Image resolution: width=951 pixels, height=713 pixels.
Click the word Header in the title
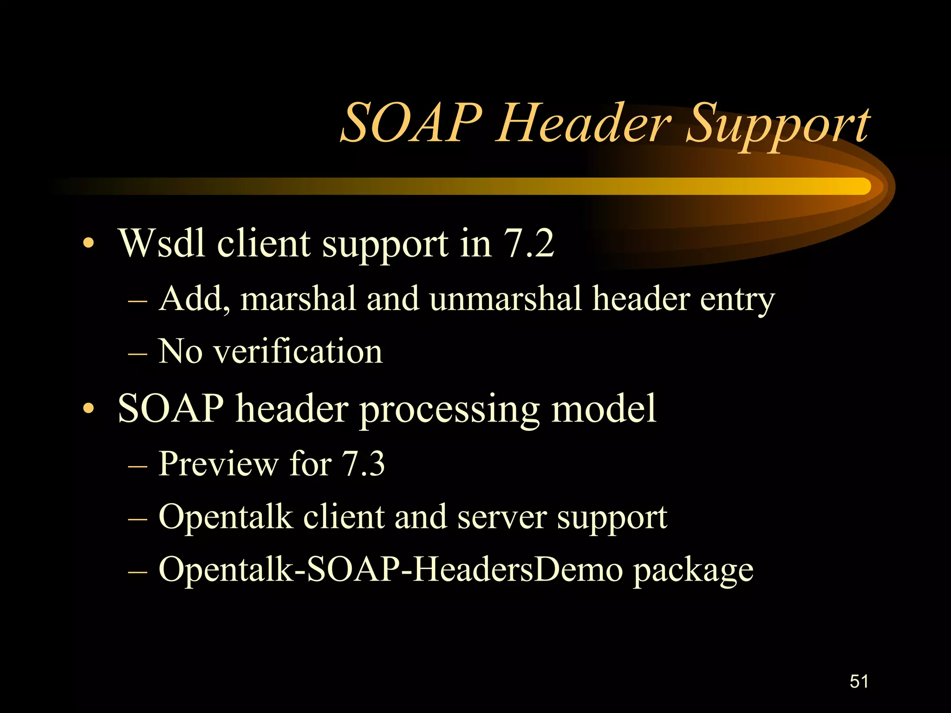(584, 123)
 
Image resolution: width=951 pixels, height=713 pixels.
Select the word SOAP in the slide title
(411, 123)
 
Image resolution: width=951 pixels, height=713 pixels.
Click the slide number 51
(859, 681)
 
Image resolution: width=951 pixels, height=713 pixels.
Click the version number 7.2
(529, 243)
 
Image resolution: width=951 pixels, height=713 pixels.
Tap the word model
(604, 408)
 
